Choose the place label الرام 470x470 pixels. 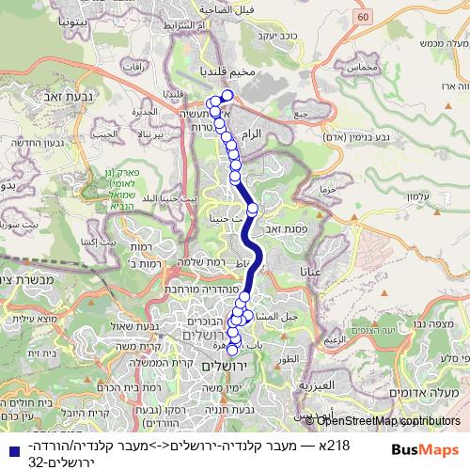pos(253,135)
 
